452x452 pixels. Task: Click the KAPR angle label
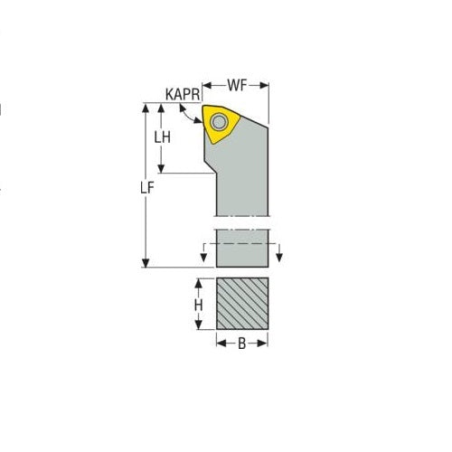pos(183,93)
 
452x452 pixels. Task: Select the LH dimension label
pos(163,137)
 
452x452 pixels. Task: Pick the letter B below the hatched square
pos(241,344)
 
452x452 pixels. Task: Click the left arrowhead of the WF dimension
pos(205,87)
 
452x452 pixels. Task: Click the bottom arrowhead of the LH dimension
pos(163,169)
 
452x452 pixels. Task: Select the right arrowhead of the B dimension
pos(265,344)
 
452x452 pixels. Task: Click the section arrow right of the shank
pos(281,253)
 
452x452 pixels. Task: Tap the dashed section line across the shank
pos(242,244)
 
